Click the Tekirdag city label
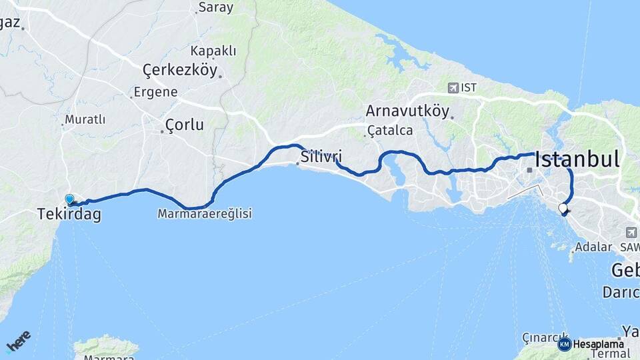click(69, 215)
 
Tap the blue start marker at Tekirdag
click(69, 199)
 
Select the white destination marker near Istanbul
click(563, 209)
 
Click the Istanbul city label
click(577, 159)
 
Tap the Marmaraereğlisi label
click(205, 214)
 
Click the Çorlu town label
click(185, 125)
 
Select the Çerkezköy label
click(180, 70)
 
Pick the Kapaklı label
click(213, 51)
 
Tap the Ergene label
click(155, 92)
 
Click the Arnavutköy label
click(407, 111)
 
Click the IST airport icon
click(454, 87)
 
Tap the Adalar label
click(593, 247)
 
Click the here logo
click(18, 341)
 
